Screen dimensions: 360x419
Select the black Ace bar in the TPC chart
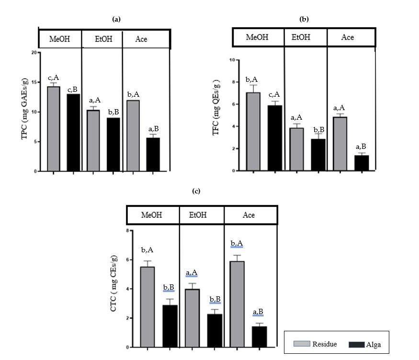pyautogui.click(x=153, y=154)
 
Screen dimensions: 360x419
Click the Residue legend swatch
pyautogui.click(x=302, y=344)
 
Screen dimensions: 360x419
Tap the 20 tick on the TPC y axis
pyautogui.click(x=34, y=53)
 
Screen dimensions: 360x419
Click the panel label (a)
pyautogui.click(x=116, y=19)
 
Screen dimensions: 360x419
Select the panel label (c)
pyautogui.click(x=196, y=191)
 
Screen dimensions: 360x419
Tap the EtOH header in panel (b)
pyautogui.click(x=305, y=37)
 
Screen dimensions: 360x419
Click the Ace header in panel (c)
pyautogui.click(x=249, y=215)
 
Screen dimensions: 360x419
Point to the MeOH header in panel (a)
pyautogui.click(x=59, y=39)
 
